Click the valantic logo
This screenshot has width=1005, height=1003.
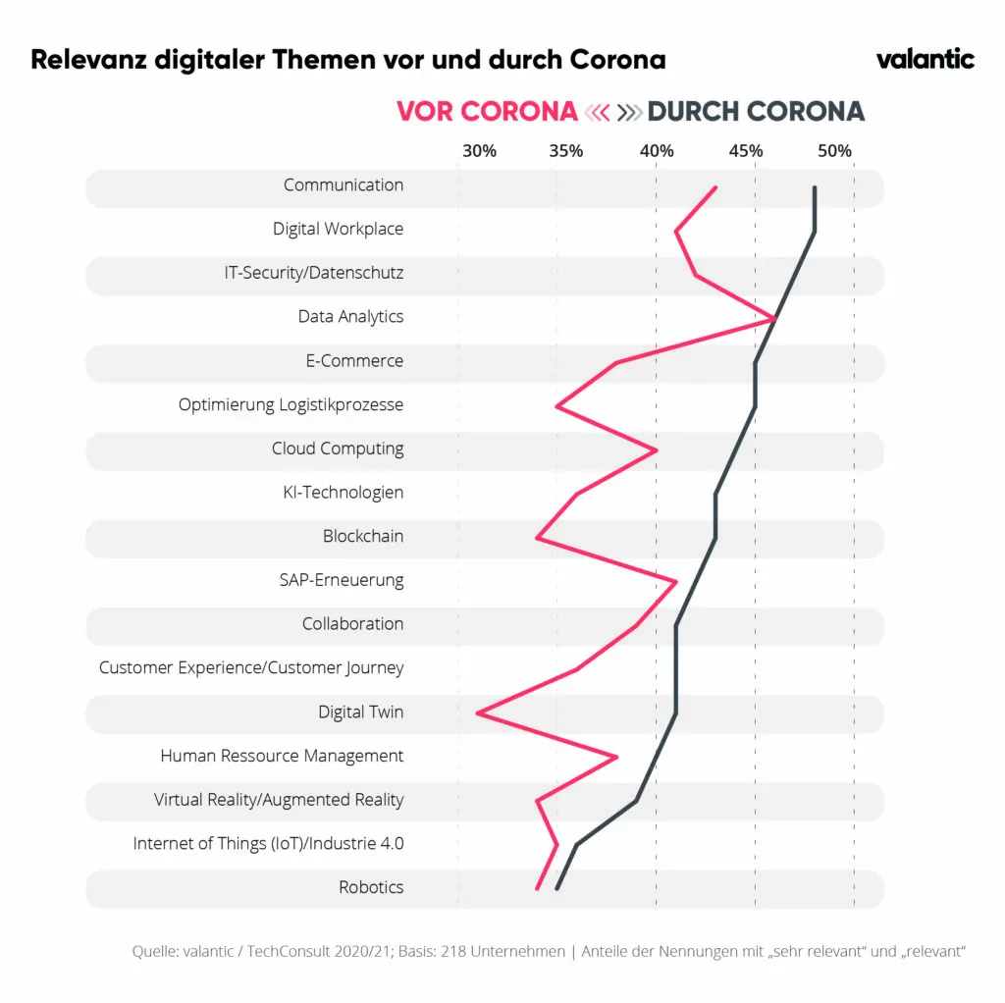pos(925,59)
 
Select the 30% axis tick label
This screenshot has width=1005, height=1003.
pos(479,151)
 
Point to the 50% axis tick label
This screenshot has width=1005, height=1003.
pos(834,151)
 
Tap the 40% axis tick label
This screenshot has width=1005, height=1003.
pos(657,151)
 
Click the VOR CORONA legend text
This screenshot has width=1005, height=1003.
pos(487,112)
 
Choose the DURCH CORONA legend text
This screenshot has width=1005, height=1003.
pos(756,112)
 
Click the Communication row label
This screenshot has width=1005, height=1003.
pos(344,185)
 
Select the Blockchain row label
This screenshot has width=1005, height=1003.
pos(363,537)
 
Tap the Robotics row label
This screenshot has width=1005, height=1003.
pos(371,887)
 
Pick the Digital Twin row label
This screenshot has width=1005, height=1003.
pos(360,713)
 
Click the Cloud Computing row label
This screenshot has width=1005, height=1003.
pos(338,449)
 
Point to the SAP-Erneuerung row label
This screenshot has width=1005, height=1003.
pos(342,580)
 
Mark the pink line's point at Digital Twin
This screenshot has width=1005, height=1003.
pos(478,713)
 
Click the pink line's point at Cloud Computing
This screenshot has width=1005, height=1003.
pos(656,449)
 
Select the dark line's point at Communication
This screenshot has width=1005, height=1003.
pos(815,187)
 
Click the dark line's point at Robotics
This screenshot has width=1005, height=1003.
pos(556,888)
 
